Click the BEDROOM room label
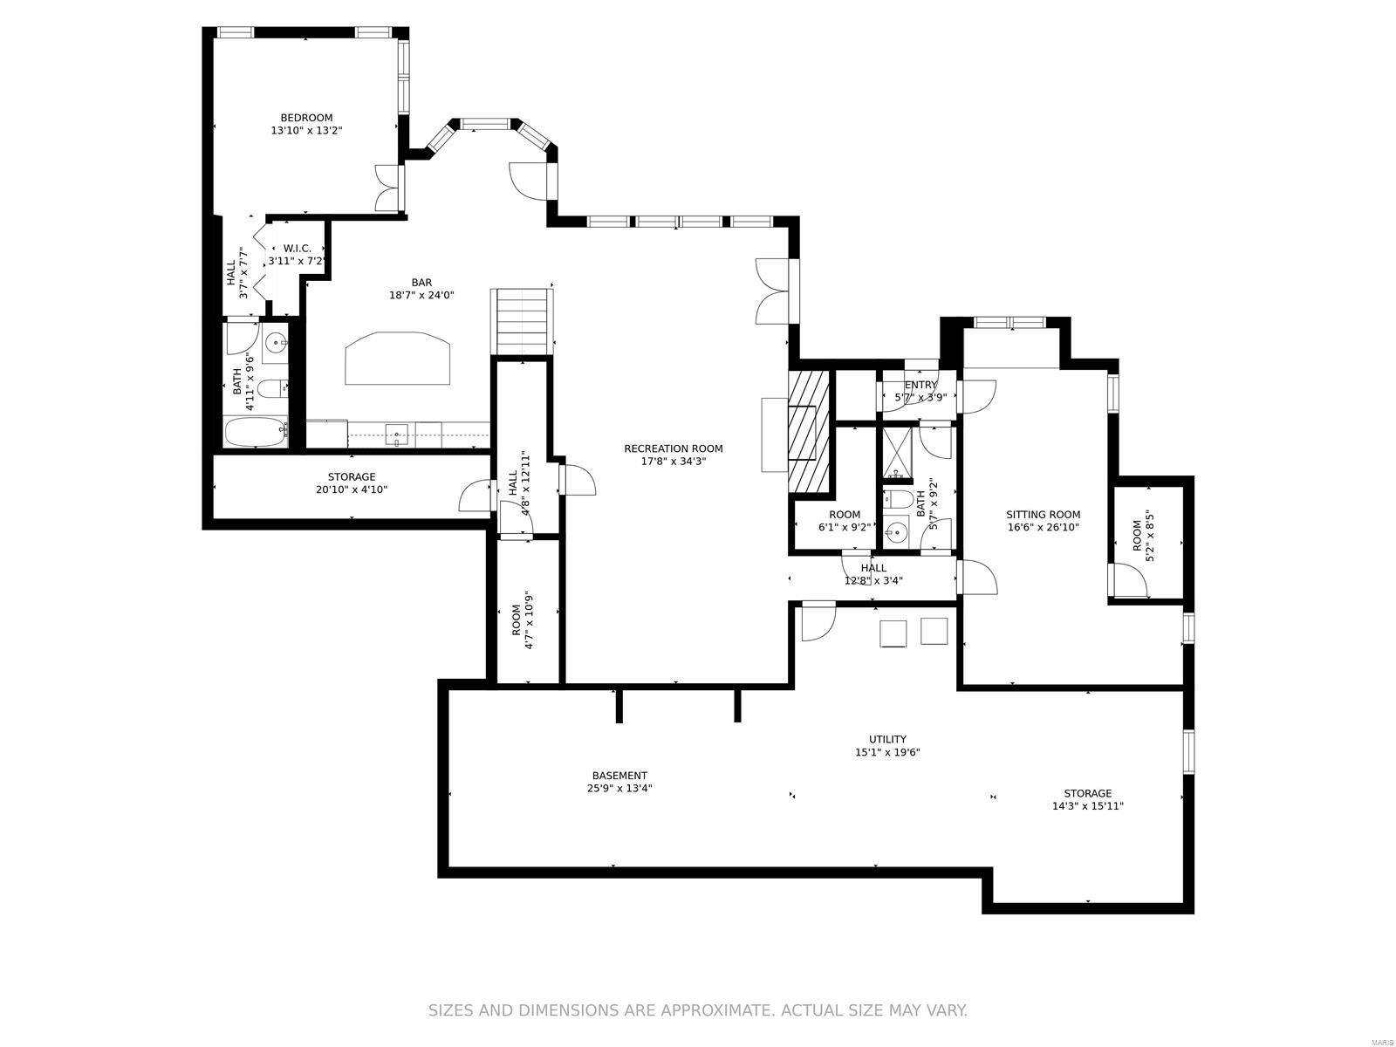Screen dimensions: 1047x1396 pos(305,118)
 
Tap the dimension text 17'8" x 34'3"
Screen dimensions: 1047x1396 pos(673,462)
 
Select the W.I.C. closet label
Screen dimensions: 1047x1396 pos(297,249)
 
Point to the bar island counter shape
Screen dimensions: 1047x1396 pos(399,358)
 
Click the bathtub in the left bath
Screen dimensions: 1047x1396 pos(255,433)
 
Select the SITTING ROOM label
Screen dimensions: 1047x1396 pos(1043,515)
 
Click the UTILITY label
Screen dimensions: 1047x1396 pos(887,739)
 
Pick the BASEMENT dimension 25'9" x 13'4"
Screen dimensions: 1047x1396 pos(619,788)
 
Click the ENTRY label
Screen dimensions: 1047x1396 pos(920,385)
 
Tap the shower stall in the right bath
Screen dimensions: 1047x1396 pos(896,454)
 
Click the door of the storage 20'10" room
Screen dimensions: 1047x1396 pos(476,497)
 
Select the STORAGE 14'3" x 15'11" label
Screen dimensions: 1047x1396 pos(1087,793)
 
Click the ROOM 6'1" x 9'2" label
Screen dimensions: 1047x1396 pos(844,515)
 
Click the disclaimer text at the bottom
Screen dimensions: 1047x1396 pos(697,1010)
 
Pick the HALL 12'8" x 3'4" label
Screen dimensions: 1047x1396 pos(873,568)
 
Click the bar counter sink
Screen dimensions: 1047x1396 pos(397,433)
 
